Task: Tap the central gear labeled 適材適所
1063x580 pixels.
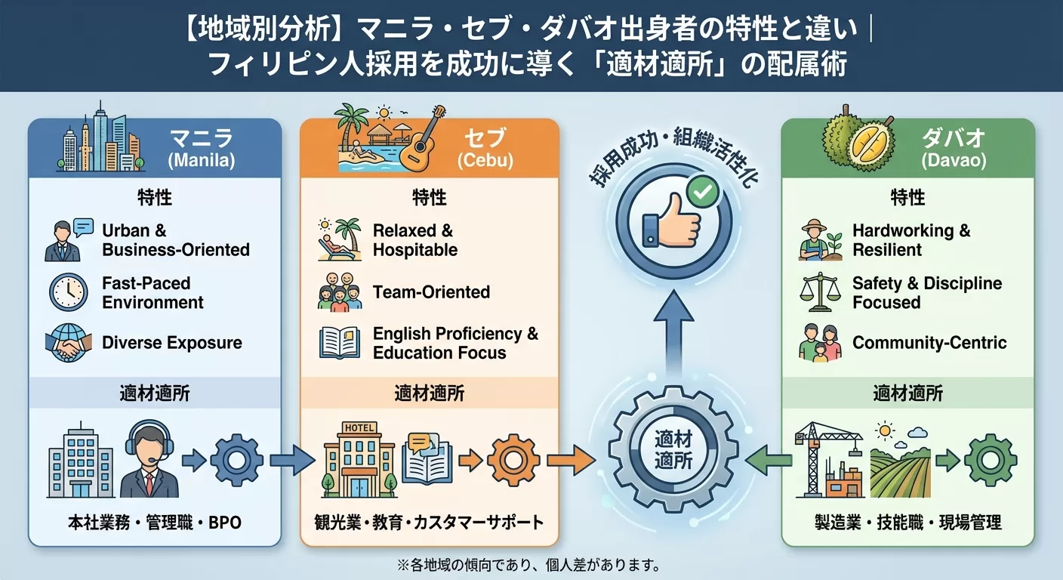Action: (673, 449)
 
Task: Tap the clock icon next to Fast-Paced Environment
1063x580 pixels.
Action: (69, 292)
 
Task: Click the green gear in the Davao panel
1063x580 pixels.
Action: (991, 460)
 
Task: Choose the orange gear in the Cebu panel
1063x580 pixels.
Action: (513, 460)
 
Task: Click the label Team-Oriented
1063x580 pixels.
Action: (431, 292)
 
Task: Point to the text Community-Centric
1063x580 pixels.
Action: (929, 343)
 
